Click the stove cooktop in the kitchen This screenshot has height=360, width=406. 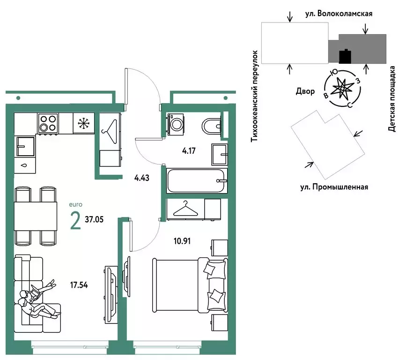[48, 123]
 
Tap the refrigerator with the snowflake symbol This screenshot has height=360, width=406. [84, 123]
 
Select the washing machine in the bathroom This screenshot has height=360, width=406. [176, 124]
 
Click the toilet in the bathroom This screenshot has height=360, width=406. [211, 126]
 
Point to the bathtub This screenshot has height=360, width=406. [197, 180]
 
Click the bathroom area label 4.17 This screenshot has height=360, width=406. [189, 150]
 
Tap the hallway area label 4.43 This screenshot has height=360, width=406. [142, 178]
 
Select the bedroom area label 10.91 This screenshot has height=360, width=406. [182, 241]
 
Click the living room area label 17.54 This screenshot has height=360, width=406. [79, 285]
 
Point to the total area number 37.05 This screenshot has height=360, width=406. [94, 219]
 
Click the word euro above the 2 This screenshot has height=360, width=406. [75, 204]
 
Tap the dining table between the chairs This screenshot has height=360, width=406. [36, 216]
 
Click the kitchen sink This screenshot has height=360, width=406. [25, 147]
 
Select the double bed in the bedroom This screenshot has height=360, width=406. [190, 285]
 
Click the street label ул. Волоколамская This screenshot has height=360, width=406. [339, 14]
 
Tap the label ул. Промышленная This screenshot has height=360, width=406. [334, 187]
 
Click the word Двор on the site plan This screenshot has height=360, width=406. [305, 91]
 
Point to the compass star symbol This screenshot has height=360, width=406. [343, 89]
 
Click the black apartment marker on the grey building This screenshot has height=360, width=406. [345, 56]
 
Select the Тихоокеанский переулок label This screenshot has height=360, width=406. [255, 96]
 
